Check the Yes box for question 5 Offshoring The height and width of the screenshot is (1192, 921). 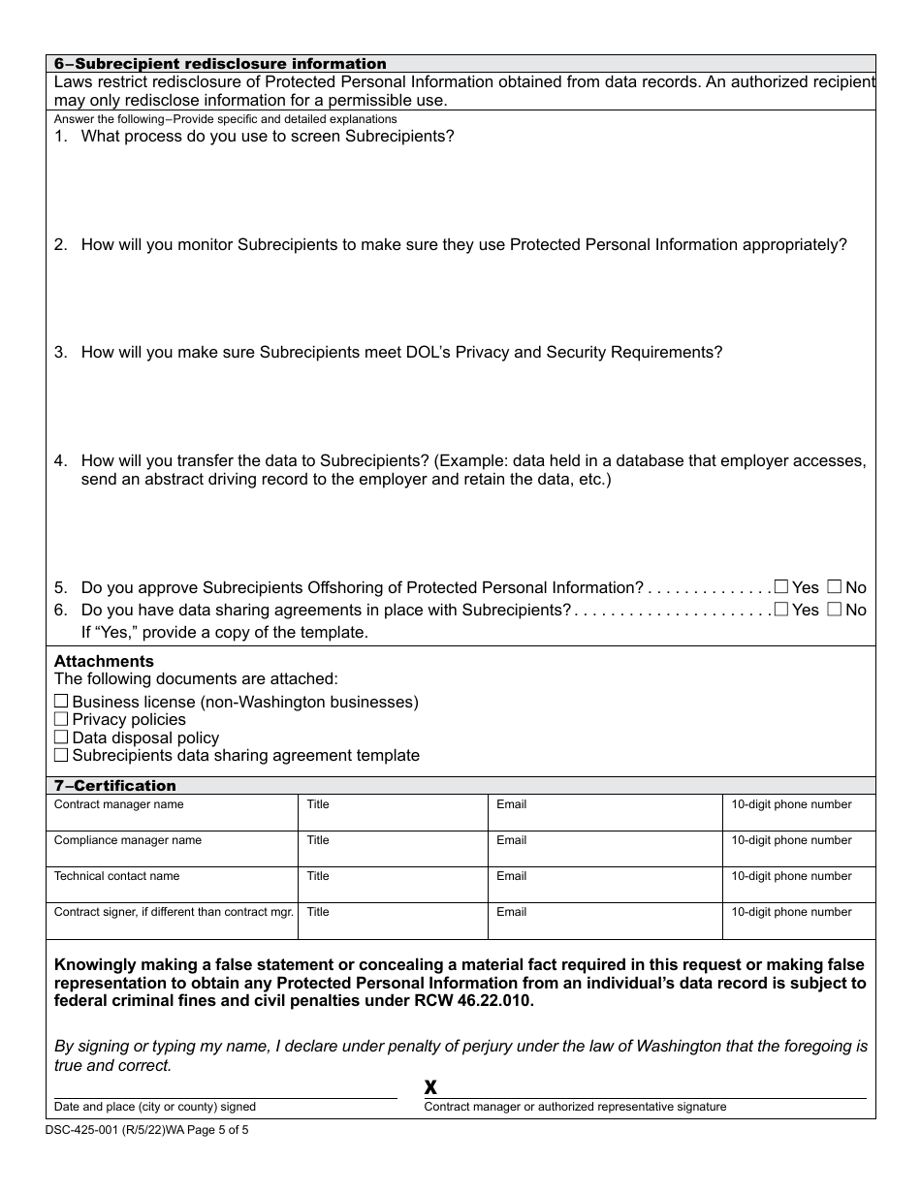point(781,586)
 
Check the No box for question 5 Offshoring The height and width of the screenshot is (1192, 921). point(834,586)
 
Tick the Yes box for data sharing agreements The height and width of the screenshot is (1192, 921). point(781,609)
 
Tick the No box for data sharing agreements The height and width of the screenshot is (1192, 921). point(834,609)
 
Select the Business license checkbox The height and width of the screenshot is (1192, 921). point(61,701)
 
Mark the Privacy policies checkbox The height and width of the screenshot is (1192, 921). point(61,718)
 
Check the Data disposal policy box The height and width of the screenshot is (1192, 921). point(61,737)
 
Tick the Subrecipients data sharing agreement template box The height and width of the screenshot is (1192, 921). point(61,754)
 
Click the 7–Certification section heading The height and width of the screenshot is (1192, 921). point(115,786)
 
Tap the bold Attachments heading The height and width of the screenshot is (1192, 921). point(104,662)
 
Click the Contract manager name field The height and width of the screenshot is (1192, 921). point(172,817)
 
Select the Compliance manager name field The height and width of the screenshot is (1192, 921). point(172,853)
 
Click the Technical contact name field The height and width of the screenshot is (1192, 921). point(172,889)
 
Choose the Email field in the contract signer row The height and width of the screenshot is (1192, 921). point(605,925)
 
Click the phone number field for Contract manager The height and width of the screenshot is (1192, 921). point(798,817)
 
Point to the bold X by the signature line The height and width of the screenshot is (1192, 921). point(430,1087)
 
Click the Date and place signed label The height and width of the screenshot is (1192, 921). point(155,1107)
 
